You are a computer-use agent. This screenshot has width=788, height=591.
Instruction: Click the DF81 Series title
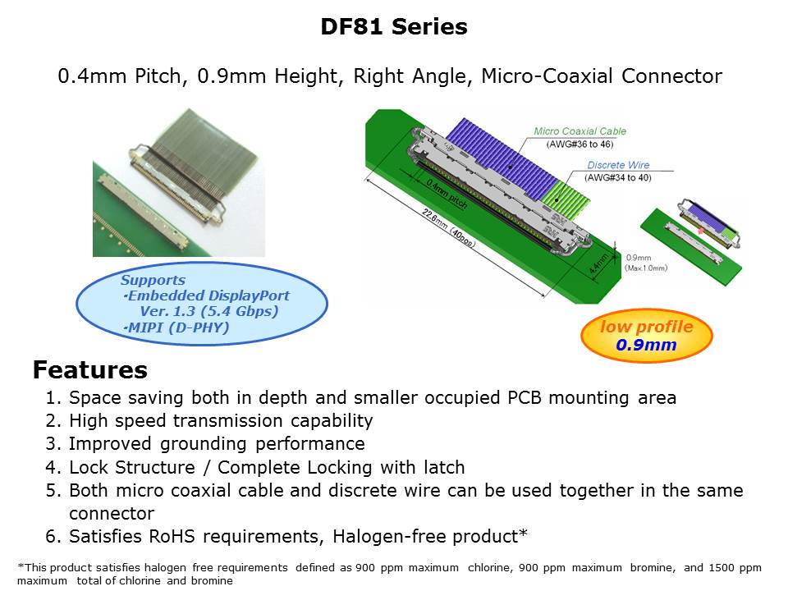coord(394,26)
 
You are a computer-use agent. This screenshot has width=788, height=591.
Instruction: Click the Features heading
coord(90,370)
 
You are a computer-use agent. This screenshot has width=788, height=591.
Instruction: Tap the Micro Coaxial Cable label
coord(580,131)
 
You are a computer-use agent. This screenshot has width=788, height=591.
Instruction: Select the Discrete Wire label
coord(618,165)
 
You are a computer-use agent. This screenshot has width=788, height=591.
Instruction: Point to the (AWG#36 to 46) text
coord(580,144)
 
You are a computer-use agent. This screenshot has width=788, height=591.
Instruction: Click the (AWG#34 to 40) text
coord(617,177)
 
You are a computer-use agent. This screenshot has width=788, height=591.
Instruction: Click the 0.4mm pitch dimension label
coord(447,194)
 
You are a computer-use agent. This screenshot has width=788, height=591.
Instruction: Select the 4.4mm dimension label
coord(598,263)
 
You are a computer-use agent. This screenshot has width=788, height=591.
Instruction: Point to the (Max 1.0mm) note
coord(646,268)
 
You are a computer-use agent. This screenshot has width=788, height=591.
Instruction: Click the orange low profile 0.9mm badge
coord(646,335)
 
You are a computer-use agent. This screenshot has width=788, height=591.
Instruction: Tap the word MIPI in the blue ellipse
coord(146,328)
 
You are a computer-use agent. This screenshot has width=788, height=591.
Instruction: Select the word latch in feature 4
coord(444,467)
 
